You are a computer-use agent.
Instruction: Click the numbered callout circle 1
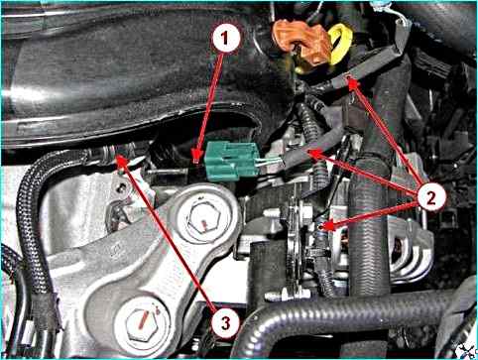226,38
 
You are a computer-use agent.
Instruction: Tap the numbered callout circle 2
431,197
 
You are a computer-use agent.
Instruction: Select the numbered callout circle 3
225,323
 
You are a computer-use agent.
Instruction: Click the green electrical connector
231,161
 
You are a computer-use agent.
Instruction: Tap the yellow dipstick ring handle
339,44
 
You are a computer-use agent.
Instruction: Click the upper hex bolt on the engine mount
202,218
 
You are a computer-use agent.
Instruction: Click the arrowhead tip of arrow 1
197,162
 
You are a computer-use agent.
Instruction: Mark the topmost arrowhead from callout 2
351,81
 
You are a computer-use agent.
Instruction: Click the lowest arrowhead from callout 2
323,227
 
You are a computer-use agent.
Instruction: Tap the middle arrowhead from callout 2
309,153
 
